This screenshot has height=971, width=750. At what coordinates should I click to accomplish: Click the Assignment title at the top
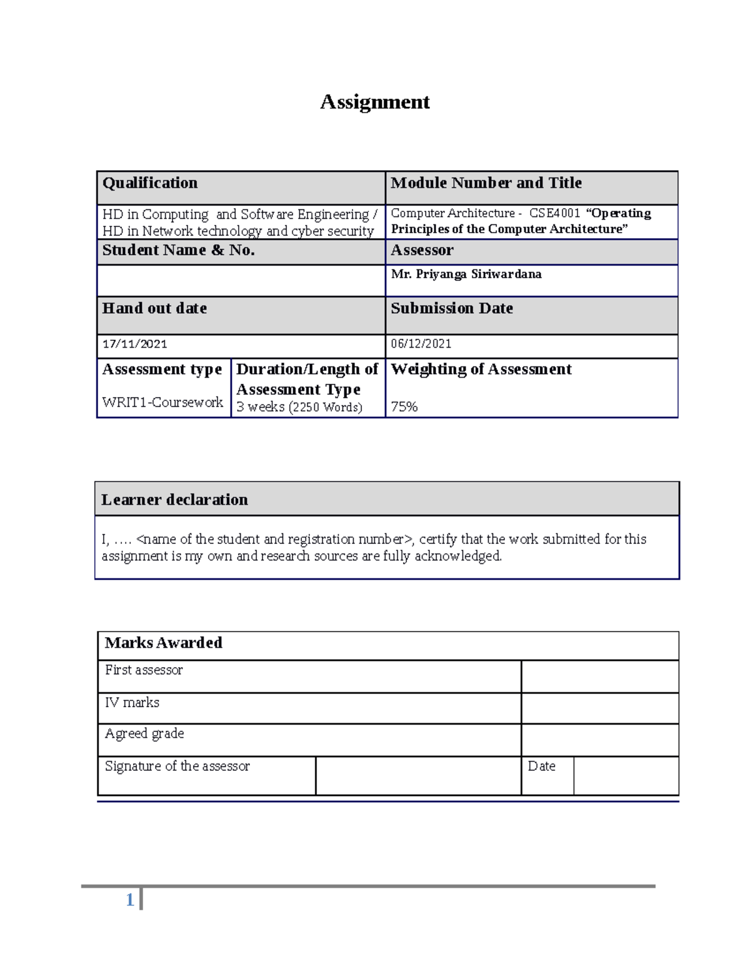tap(374, 102)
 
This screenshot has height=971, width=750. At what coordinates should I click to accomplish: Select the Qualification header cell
tap(150, 183)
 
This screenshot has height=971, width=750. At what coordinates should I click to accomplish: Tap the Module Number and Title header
tap(486, 183)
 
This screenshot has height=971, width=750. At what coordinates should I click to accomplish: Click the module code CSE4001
tap(554, 213)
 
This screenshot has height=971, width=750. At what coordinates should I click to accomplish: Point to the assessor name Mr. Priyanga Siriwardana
tap(466, 274)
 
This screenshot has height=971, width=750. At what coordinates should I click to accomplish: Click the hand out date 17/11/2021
tap(134, 344)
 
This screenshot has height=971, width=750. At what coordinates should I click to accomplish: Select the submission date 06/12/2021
tap(421, 344)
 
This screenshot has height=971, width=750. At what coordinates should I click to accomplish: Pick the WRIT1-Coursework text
tap(162, 403)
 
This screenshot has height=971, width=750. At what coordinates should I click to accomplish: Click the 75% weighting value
tap(404, 407)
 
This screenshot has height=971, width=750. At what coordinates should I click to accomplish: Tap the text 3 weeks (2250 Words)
tap(299, 407)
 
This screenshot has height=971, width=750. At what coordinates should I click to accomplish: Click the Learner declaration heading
tap(174, 500)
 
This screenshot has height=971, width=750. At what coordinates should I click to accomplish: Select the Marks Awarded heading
tap(163, 643)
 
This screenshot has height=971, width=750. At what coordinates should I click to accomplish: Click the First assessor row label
tap(144, 670)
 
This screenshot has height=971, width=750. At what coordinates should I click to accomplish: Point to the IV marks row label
tap(132, 703)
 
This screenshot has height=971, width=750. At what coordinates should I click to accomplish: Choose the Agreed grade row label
tap(144, 734)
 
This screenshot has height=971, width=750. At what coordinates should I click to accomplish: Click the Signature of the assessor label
tap(177, 767)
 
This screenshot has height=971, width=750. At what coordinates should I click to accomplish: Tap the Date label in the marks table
tap(541, 767)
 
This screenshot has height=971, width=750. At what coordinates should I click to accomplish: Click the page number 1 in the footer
tap(130, 900)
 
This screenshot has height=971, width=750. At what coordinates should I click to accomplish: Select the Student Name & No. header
tap(178, 251)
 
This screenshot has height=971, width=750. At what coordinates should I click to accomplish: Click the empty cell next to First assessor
tap(599, 677)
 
